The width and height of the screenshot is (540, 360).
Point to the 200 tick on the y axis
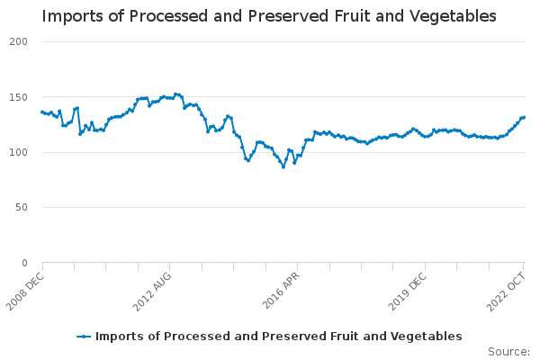[x=19, y=42]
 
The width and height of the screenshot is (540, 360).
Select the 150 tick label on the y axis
[x=19, y=97]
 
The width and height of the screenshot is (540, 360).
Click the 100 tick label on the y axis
[x=19, y=152]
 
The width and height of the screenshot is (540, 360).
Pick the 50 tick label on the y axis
[x=22, y=208]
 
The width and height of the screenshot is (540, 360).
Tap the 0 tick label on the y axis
[x=25, y=263]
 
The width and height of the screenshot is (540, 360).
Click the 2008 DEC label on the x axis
[x=25, y=290]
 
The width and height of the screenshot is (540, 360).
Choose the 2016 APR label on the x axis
[x=282, y=290]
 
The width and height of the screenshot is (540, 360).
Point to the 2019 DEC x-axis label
[x=409, y=290]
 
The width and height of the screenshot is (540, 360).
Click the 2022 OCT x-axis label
[x=507, y=290]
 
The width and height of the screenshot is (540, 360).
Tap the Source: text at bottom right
[x=508, y=351]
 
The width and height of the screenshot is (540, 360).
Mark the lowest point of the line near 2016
[x=283, y=166]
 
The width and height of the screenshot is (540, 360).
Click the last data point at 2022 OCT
[x=524, y=117]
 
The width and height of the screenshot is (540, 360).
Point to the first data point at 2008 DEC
[x=42, y=112]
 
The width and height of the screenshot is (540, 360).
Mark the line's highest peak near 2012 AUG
[x=175, y=94]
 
